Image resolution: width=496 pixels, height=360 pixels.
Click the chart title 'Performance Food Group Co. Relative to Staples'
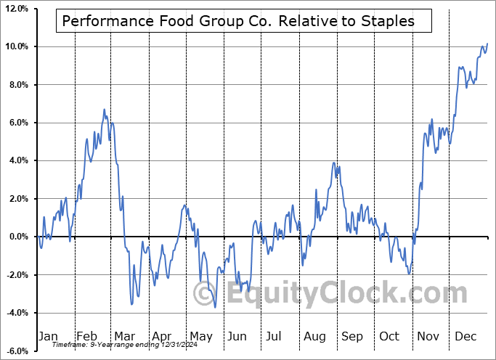click(x=238, y=21)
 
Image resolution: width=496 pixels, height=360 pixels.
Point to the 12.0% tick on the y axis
click(x=16, y=9)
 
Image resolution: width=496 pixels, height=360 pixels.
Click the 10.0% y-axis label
click(x=16, y=47)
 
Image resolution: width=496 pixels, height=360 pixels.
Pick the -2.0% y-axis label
click(x=16, y=275)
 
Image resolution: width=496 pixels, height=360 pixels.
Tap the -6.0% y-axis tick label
click(x=16, y=351)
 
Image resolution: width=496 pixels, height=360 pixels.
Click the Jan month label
click(x=48, y=336)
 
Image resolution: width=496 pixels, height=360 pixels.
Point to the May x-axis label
click(x=201, y=336)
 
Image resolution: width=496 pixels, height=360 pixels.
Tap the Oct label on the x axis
click(x=390, y=336)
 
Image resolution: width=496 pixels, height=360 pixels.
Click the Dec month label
click(x=466, y=336)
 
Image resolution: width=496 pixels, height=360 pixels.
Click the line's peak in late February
click(x=105, y=110)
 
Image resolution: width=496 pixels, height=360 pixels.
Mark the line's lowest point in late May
click(x=215, y=307)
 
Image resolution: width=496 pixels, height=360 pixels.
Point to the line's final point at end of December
click(x=487, y=44)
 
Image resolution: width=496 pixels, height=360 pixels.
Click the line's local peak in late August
click(x=334, y=163)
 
